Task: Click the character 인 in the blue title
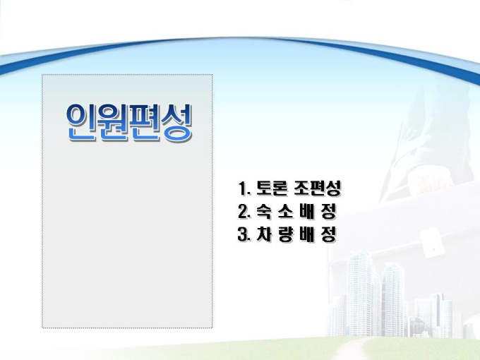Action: pyautogui.click(x=81, y=122)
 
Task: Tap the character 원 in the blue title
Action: pyautogui.click(x=113, y=122)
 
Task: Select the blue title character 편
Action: pyautogui.click(x=145, y=122)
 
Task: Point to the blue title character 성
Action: pyautogui.click(x=176, y=122)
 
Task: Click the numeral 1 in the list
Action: pyautogui.click(x=243, y=188)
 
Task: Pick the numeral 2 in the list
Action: pyautogui.click(x=244, y=211)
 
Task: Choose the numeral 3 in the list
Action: pyautogui.click(x=244, y=234)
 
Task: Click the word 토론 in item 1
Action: pyautogui.click(x=272, y=188)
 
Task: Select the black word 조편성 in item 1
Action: pyautogui.click(x=317, y=188)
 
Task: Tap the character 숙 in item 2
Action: pyautogui.click(x=263, y=211)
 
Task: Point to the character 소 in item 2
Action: pyautogui.click(x=285, y=211)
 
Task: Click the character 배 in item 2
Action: pyautogui.click(x=307, y=211)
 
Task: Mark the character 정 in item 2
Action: pyautogui.click(x=329, y=211)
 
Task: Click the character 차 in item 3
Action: pyautogui.click(x=263, y=234)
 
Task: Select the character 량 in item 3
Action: pyautogui.click(x=285, y=234)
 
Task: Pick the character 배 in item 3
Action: pyautogui.click(x=307, y=234)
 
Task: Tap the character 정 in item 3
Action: pyautogui.click(x=329, y=234)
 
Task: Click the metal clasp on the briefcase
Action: pyautogui.click(x=431, y=243)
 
